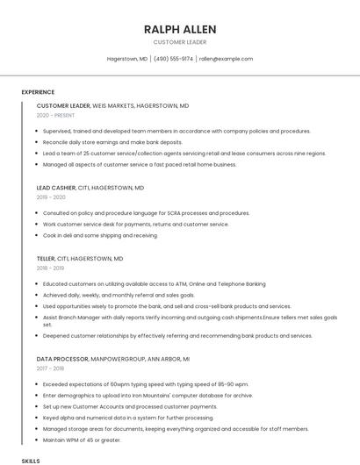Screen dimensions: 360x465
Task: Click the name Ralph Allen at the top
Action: coord(180,29)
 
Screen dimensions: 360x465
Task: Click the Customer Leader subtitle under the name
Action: coord(180,42)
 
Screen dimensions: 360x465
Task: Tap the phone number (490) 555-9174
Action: coord(175,59)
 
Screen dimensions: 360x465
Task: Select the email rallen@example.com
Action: coord(226,59)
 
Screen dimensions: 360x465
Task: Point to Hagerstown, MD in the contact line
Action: coord(127,59)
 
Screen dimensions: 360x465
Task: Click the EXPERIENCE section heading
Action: coord(38,92)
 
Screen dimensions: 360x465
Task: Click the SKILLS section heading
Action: coord(31,460)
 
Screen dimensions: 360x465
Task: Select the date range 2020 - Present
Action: coord(55,115)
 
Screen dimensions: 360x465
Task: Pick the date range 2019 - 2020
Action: coord(51,197)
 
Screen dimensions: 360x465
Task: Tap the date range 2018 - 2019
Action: coord(51,268)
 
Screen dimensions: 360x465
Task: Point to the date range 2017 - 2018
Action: coord(51,368)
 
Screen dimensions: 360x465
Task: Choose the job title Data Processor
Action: coord(62,359)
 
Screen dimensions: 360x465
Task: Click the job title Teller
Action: coord(46,259)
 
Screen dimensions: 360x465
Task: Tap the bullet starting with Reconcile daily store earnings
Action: coord(112,142)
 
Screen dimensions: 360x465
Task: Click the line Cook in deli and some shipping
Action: coord(100,235)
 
